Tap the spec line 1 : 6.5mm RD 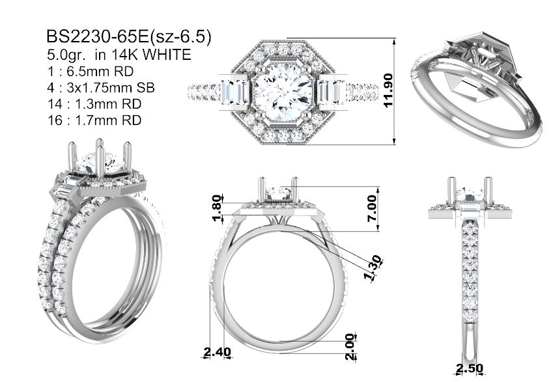[91, 72]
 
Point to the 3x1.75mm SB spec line [111, 88]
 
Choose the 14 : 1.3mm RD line [94, 104]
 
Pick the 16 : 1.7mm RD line [94, 120]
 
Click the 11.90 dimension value [388, 90]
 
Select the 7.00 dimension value [372, 209]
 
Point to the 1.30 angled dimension [373, 269]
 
